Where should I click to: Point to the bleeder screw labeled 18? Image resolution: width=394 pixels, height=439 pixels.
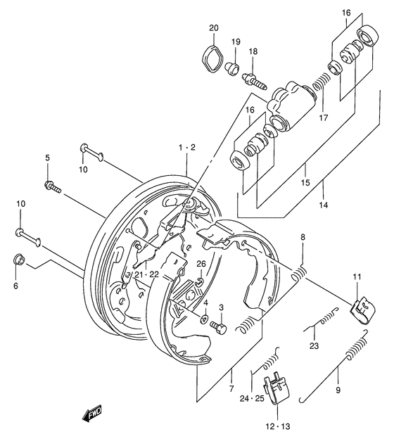click(255, 77)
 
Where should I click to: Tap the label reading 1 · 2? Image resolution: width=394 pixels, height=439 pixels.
click(187, 148)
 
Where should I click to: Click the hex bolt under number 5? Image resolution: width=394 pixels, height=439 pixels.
click(52, 186)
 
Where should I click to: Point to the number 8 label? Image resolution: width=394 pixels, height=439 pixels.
click(303, 238)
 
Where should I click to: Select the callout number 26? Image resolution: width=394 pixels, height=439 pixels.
click(201, 264)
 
